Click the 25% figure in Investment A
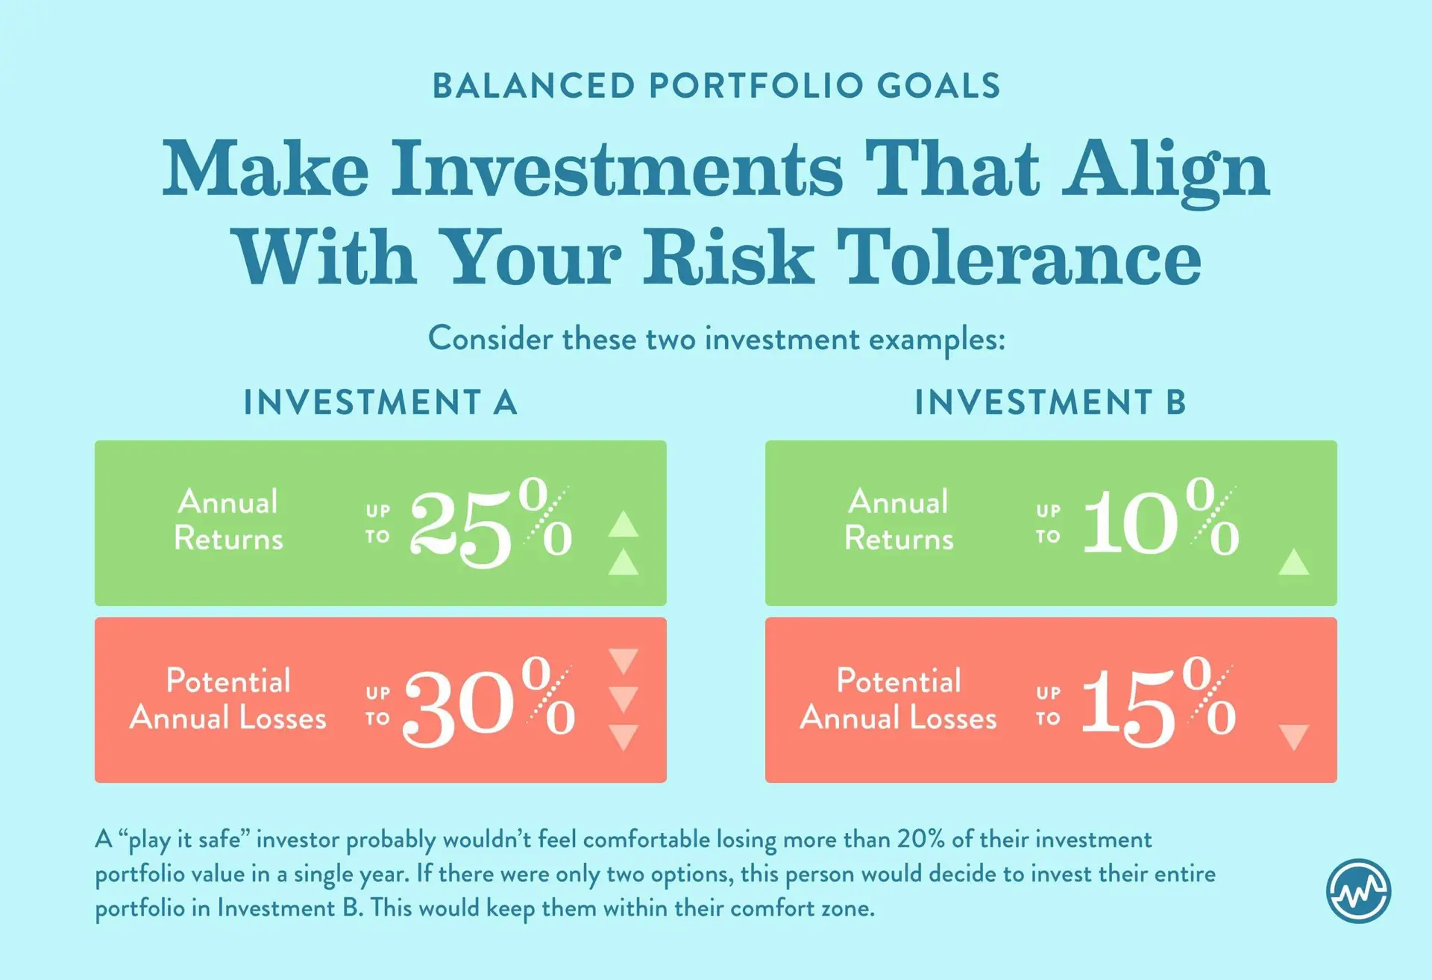coord(492,522)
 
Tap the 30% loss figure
coord(490,702)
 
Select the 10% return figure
coord(1161,519)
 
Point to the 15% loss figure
coord(1158,702)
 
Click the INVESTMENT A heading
coord(380,403)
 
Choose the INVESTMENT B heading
coord(1050,403)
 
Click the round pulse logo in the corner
coord(1358,891)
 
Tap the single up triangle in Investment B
coord(1294,562)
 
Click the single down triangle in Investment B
coord(1294,737)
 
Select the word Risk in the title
coord(728,257)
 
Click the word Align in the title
coord(1165,170)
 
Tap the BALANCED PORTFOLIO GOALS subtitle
coord(716,86)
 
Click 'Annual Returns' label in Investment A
coord(228,520)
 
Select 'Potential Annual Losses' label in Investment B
coord(899,699)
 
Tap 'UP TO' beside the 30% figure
coord(378,705)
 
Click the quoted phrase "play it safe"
coord(184,840)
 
